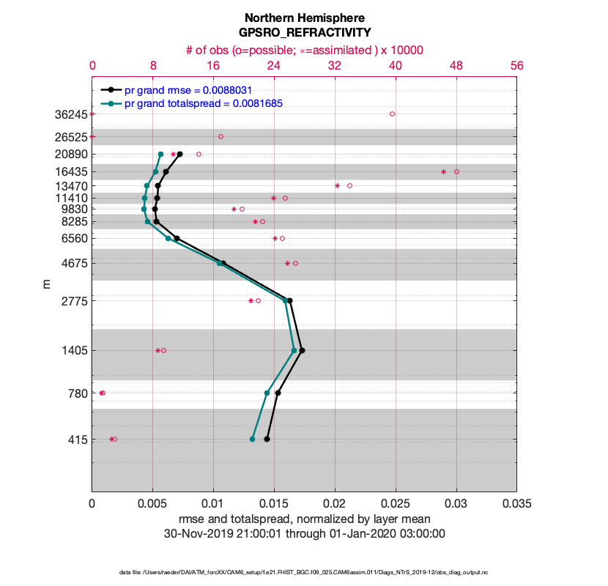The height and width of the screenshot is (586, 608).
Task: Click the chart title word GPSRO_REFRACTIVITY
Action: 304,32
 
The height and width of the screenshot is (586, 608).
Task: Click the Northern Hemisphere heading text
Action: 304,17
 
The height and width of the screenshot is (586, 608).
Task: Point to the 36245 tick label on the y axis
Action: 70,114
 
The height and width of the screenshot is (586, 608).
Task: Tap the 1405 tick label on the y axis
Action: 74,351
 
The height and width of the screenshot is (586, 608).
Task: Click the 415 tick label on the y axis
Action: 77,439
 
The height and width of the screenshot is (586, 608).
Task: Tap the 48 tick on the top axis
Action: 456,65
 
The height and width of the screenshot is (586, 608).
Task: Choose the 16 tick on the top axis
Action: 213,65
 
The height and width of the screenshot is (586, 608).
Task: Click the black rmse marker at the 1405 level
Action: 302,350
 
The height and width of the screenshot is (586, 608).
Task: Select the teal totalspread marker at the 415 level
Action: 252,439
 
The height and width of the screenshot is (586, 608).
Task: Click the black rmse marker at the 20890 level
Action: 179,154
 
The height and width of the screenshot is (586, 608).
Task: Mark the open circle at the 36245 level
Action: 392,114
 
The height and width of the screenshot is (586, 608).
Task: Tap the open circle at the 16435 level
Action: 456,171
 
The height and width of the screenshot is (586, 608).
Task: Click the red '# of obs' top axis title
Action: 304,50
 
